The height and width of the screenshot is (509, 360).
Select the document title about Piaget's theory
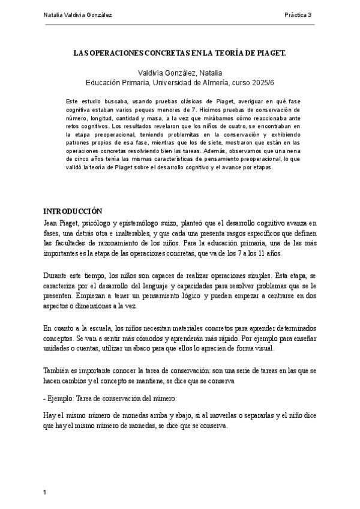pyautogui.click(x=179, y=53)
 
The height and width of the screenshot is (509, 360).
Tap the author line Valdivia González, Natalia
pyautogui.click(x=179, y=72)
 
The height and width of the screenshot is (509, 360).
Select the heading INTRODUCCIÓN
pyautogui.click(x=73, y=211)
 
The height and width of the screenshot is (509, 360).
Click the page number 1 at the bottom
pyautogui.click(x=45, y=493)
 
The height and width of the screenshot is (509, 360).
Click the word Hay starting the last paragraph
pyautogui.click(x=50, y=415)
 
